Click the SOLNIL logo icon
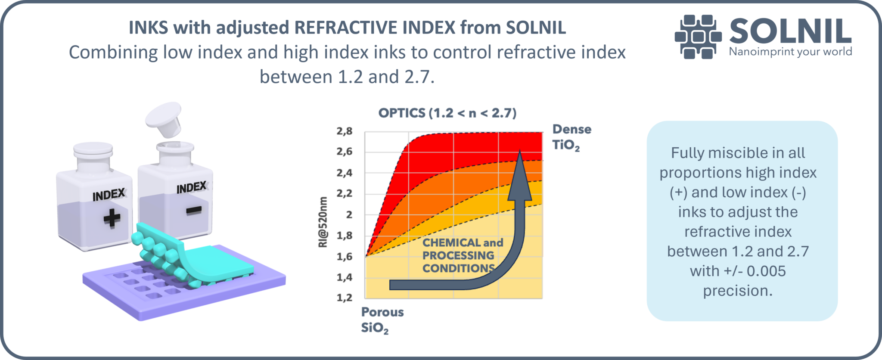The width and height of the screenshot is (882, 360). coord(698,37)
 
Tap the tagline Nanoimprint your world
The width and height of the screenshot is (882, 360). coord(790,52)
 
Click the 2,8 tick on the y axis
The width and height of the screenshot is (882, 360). coord(345,131)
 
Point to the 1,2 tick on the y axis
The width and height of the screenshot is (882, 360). coord(345,298)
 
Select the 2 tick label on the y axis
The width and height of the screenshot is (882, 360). coord(349,214)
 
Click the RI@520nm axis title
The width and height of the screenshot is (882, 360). coord(323,222)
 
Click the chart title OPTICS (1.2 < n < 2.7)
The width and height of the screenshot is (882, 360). coord(447,113)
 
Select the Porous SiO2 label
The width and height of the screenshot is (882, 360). coord(382,320)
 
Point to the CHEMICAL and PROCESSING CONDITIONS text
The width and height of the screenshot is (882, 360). coord(462,255)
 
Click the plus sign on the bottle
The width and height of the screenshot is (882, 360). coord(112,217)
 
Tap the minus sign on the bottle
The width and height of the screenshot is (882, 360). coord(193,210)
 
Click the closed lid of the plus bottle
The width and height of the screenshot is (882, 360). coord(93,150)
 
